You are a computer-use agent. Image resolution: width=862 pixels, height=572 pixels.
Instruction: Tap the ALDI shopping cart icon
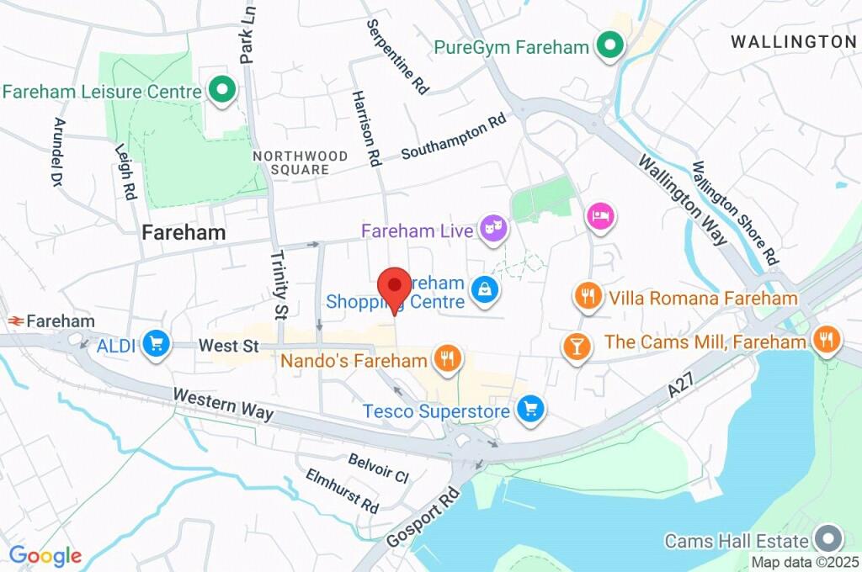point(156,343)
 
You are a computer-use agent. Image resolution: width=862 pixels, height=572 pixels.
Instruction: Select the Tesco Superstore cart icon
point(530,410)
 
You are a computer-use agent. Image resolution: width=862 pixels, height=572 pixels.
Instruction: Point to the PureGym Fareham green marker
point(609,45)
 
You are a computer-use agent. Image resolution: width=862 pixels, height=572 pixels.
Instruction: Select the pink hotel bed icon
point(601,216)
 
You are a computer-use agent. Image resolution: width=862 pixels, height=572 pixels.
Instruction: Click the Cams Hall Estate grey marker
point(828,539)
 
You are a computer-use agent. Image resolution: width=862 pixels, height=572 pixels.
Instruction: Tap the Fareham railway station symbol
point(14,320)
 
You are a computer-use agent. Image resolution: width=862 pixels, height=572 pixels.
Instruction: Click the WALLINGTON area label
point(793,41)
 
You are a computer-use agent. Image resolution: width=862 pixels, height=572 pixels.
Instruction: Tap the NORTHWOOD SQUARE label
point(300,162)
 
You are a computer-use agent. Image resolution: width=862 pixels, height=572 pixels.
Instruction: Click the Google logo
point(45,555)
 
